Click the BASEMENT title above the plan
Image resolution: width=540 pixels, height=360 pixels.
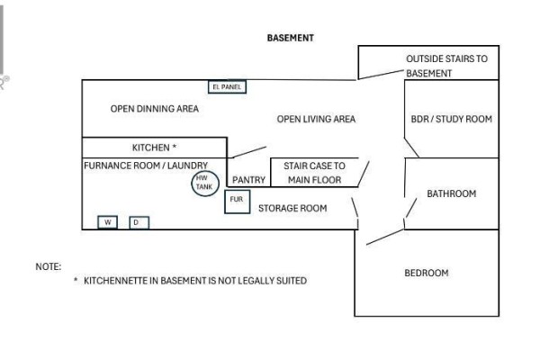click(x=291, y=38)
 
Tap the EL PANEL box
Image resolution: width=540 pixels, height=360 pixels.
click(x=228, y=86)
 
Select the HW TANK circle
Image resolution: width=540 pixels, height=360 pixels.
click(x=205, y=184)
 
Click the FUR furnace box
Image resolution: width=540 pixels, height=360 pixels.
click(x=238, y=202)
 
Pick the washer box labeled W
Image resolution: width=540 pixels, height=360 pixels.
click(x=108, y=222)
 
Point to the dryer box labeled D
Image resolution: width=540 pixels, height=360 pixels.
click(x=139, y=222)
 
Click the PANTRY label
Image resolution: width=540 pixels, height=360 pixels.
click(x=248, y=180)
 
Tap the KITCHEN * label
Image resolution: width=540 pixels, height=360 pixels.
click(x=154, y=148)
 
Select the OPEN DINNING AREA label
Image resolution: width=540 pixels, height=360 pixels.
click(x=155, y=109)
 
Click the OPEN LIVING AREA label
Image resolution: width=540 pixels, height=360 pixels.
click(x=316, y=119)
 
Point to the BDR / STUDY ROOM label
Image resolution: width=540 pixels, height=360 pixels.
click(x=452, y=119)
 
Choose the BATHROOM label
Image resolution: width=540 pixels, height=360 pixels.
click(x=452, y=193)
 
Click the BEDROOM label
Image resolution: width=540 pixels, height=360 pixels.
click(x=427, y=274)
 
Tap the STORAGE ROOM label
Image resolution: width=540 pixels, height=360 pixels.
click(x=292, y=209)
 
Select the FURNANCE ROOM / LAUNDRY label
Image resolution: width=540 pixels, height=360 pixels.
click(x=146, y=166)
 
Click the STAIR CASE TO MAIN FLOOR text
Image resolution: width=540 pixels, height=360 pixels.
click(x=314, y=173)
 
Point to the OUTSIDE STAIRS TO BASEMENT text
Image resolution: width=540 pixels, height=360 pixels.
click(x=446, y=66)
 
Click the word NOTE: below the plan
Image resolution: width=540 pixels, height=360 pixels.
click(x=49, y=266)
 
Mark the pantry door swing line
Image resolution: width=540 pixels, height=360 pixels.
click(x=248, y=152)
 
